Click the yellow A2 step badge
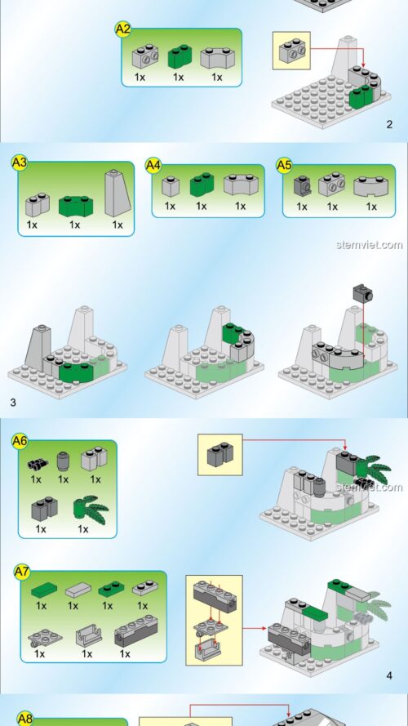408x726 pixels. coord(123,29)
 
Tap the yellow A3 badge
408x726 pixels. coord(20,163)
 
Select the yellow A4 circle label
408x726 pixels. coord(153,165)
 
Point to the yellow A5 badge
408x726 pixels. coord(285,165)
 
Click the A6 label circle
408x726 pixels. coord(20,441)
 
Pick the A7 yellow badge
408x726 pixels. coord(22,572)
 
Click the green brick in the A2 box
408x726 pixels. coord(180,56)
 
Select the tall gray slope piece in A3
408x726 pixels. coord(118,193)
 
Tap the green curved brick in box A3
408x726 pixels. coord(76,206)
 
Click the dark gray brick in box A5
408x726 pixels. coord(303,186)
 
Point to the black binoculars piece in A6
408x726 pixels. coord(38,464)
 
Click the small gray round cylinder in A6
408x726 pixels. coord(63,461)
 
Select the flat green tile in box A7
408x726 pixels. coord(44,590)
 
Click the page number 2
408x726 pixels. coord(389,124)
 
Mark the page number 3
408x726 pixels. coord(13,403)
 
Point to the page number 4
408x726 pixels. coord(389,676)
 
